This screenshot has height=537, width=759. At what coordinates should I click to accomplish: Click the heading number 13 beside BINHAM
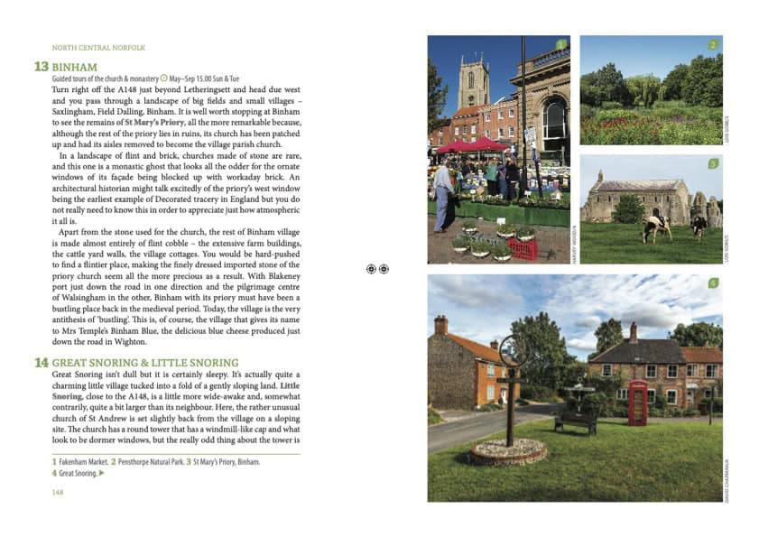[42, 67]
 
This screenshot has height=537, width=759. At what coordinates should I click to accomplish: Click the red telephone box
[638, 403]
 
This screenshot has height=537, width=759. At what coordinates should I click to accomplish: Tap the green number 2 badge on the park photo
[713, 44]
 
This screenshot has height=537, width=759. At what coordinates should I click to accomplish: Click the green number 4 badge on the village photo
[713, 283]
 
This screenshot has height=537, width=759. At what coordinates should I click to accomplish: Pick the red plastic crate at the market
[523, 249]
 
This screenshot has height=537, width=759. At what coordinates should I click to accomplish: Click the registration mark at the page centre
[377, 269]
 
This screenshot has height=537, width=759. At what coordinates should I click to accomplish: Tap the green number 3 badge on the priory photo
[713, 163]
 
